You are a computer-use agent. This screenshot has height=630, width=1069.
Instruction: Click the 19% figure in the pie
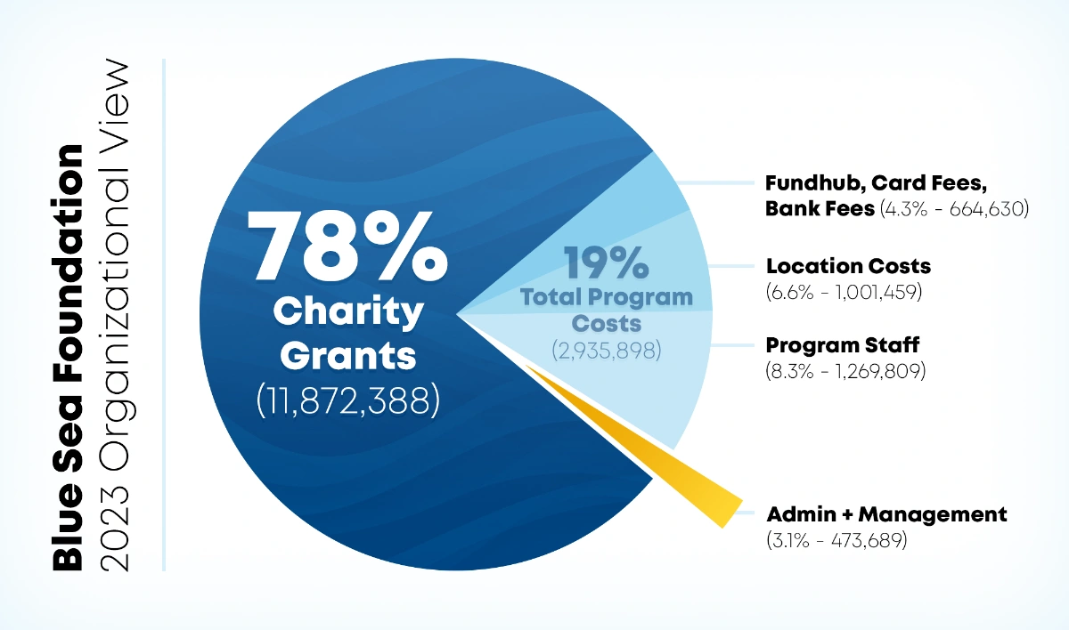coord(606,262)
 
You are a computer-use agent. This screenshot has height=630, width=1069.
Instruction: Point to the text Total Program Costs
coord(606,309)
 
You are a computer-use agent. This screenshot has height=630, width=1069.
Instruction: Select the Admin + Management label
coord(886,514)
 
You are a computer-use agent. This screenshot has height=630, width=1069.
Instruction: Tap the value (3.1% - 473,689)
coord(836,539)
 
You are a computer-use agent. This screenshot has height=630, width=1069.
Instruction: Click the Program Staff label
coord(842,345)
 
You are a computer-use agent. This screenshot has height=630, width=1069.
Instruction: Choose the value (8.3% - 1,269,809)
coord(845,370)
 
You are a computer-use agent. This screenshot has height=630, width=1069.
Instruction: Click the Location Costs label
coord(848,266)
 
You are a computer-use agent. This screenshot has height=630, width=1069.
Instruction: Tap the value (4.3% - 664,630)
coord(954,210)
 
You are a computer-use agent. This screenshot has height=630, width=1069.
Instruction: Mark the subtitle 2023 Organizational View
coord(115,315)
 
